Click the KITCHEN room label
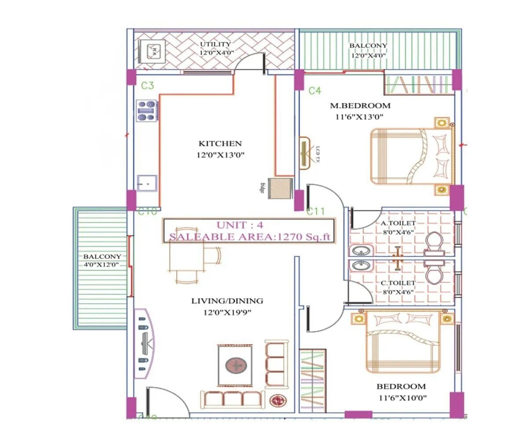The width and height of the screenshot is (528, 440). point(220,143)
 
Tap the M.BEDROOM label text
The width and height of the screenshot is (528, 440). point(360,106)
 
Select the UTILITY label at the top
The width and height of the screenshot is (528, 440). point(216,44)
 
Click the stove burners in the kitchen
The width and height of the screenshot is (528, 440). point(147,110)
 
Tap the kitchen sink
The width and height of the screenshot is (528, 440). point(147,182)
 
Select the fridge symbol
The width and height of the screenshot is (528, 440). point(280,188)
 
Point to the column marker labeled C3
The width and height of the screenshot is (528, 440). point(147,86)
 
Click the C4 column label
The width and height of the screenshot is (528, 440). point(315,91)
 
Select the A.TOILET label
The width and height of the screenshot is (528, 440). point(398,223)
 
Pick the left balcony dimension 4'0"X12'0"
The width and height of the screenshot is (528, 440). point(103,264)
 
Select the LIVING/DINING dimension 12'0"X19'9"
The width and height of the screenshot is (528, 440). point(227,312)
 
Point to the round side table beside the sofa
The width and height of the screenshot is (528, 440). point(278,400)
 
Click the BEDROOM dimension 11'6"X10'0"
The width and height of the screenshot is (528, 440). point(401,398)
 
